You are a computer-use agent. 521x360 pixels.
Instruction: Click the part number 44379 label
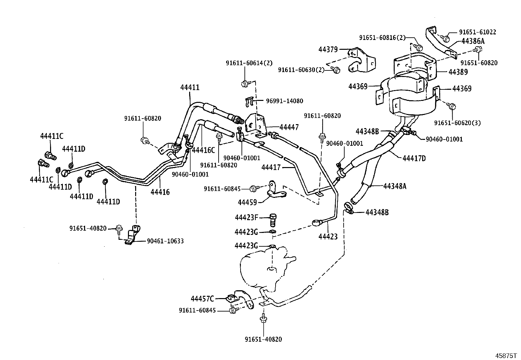[x=328, y=49]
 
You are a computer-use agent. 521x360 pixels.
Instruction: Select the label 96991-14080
[x=285, y=101]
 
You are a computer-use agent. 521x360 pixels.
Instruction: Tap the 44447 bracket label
[x=289, y=127]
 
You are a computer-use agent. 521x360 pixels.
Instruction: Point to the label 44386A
[x=473, y=41]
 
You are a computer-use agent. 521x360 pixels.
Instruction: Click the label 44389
[x=458, y=72]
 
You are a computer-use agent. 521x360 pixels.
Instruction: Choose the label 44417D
[x=414, y=158]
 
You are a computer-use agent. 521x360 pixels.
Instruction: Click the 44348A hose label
[x=395, y=186]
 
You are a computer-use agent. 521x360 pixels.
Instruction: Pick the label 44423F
[x=246, y=218]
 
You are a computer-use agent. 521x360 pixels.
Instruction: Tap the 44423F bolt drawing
[x=273, y=220]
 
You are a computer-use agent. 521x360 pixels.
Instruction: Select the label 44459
[x=247, y=202]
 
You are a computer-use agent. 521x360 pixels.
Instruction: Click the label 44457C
[x=202, y=298]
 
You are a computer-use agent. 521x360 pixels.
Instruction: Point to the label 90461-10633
[x=165, y=241]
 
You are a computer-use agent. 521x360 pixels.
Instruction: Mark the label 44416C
[x=203, y=150]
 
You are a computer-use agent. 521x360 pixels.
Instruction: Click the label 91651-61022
[x=478, y=32]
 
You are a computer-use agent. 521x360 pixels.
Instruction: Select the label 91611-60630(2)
[x=301, y=70]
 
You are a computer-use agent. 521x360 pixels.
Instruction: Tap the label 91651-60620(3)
[x=457, y=123]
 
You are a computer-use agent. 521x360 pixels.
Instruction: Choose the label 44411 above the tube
[x=190, y=87]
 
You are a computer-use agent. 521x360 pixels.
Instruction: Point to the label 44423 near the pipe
[x=328, y=237]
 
